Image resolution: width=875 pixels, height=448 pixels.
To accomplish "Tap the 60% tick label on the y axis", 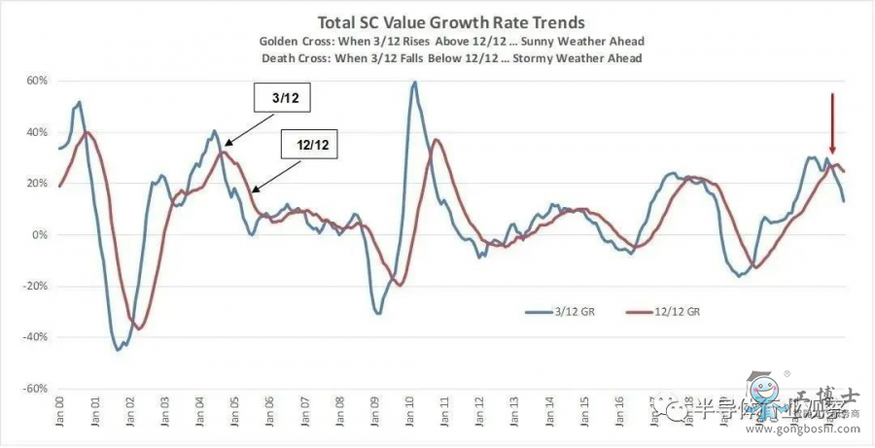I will click(36, 81).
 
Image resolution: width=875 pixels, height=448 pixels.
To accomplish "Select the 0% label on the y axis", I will click(40, 234).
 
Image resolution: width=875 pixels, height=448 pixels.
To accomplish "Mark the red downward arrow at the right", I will click(832, 121).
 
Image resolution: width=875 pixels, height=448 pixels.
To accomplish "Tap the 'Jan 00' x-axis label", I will click(59, 416).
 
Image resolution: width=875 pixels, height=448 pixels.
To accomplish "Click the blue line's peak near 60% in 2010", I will click(415, 83).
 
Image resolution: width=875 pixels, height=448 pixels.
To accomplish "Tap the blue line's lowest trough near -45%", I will click(119, 350).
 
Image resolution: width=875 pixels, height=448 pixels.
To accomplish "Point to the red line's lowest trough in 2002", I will click(140, 329).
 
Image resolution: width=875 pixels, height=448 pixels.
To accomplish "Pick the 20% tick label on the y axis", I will click(36, 183).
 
